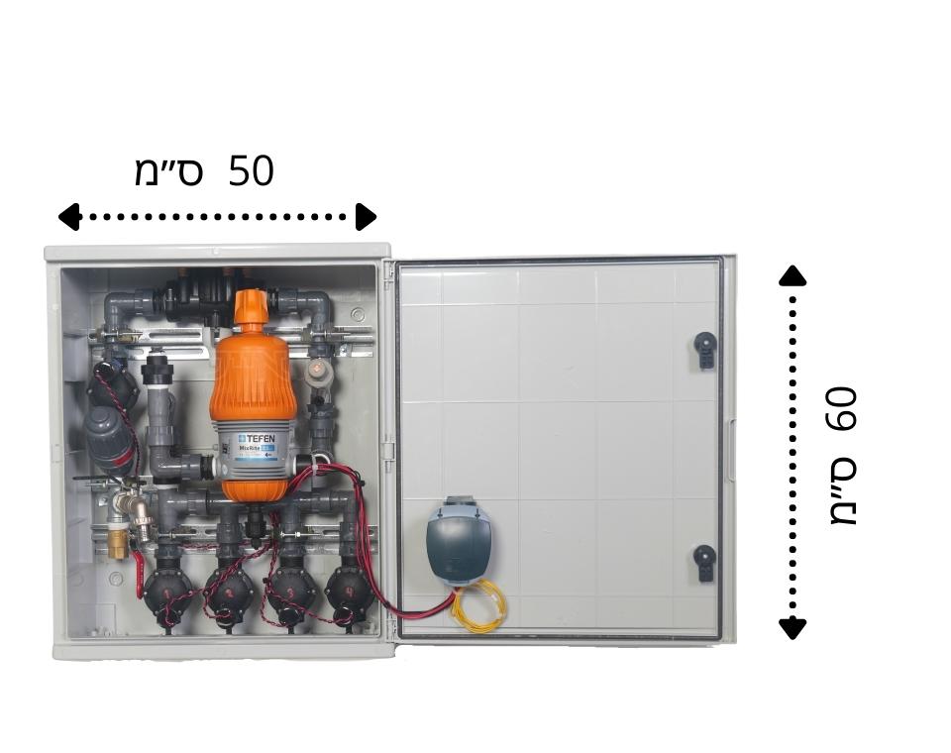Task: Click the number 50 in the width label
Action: pos(251,171)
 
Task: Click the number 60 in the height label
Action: pos(840,408)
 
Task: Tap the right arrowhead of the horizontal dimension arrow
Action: pos(366,216)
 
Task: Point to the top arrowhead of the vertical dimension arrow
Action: pos(792,276)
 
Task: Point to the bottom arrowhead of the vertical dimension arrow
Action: pos(792,627)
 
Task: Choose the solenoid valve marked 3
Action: pos(289,592)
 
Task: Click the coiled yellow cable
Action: pos(479,604)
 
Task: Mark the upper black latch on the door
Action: pos(704,349)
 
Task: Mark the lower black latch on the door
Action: pos(704,561)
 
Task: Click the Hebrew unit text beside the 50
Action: pos(168,171)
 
